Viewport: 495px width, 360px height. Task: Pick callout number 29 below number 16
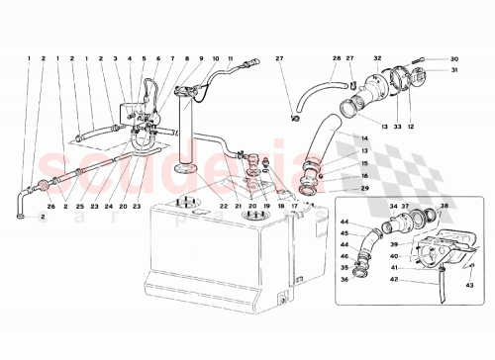pyautogui.click(x=337, y=188)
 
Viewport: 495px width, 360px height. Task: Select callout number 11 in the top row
pyautogui.click(x=230, y=58)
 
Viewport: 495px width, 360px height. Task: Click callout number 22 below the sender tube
pyautogui.click(x=225, y=206)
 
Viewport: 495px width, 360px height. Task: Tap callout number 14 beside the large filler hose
pyautogui.click(x=337, y=138)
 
